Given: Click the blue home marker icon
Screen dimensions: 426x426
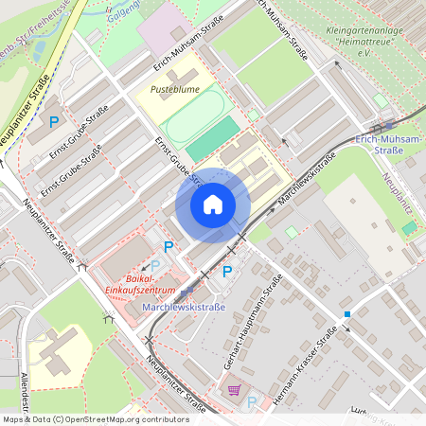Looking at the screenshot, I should pyautogui.click(x=213, y=204).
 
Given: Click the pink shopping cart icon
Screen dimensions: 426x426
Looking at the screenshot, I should pyautogui.click(x=233, y=389).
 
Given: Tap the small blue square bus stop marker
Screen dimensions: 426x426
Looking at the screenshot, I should pyautogui.click(x=347, y=313).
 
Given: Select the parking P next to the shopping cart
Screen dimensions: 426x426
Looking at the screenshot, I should pyautogui.click(x=252, y=401).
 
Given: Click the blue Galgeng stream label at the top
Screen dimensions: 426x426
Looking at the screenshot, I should pyautogui.click(x=122, y=7).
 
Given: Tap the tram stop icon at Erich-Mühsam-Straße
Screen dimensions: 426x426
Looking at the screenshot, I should pyautogui.click(x=387, y=124).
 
